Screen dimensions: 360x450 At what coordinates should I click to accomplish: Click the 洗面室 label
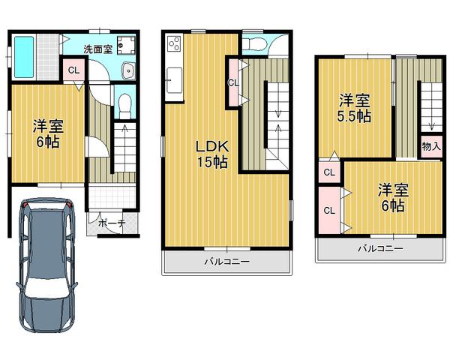tap(98, 49)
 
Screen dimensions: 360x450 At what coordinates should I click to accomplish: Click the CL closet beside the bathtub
tap(73, 71)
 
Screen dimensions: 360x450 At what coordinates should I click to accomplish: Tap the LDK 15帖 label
tap(212, 152)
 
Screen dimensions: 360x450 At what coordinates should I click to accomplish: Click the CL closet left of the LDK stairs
tap(233, 83)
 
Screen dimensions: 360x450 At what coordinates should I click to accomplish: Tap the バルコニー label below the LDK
tap(226, 262)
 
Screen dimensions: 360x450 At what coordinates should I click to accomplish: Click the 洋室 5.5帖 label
tap(354, 109)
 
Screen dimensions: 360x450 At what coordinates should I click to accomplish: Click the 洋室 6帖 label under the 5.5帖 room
tap(391, 197)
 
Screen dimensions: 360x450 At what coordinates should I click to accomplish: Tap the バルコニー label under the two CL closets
tap(379, 248)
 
